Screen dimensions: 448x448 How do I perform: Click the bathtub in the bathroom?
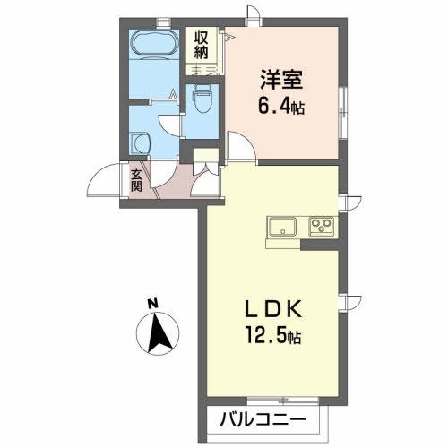pos(154,44)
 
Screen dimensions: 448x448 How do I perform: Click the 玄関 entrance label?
pos(136,181)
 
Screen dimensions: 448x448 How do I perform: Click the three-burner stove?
pos(322,227)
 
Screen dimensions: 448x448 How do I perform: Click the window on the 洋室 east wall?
pos(341,108)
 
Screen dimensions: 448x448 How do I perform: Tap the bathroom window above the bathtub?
pos(161,22)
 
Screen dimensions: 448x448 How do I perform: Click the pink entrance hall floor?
pos(176,185)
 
